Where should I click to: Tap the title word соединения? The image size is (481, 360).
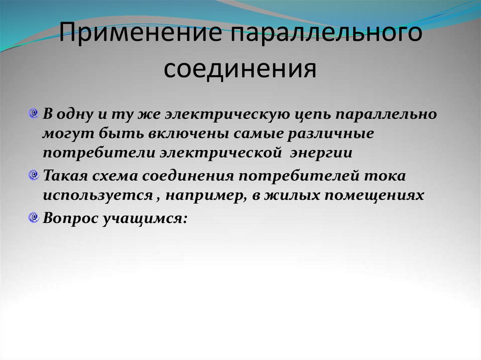(x=240, y=69)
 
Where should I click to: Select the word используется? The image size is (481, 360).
(x=97, y=195)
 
